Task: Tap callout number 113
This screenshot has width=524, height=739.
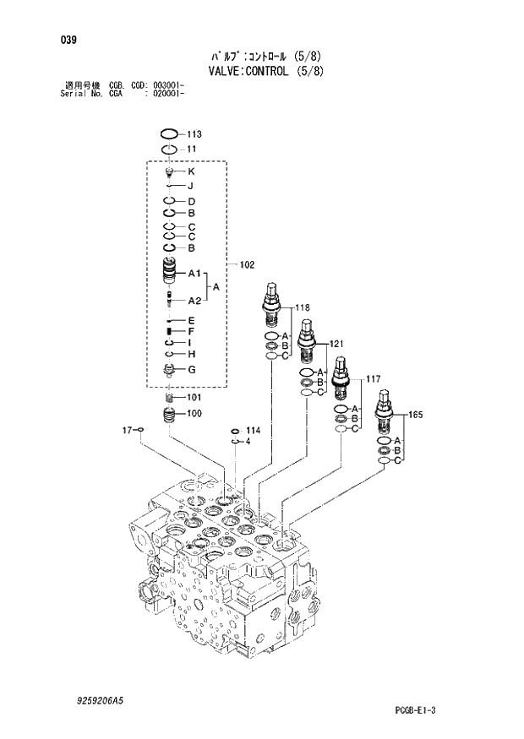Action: (x=194, y=134)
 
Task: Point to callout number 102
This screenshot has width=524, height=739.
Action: (x=247, y=265)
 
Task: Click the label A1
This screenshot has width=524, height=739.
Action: (x=193, y=274)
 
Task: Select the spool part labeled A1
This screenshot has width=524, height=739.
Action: (x=169, y=274)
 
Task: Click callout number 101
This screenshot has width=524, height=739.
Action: (x=194, y=397)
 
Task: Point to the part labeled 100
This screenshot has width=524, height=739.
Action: (x=169, y=415)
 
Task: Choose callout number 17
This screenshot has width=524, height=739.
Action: (x=128, y=430)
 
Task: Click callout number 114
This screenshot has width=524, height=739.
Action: (x=253, y=431)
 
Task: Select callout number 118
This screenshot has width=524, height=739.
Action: (x=303, y=308)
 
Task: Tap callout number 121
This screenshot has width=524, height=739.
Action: (x=336, y=344)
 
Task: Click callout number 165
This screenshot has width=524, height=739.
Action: (x=415, y=415)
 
